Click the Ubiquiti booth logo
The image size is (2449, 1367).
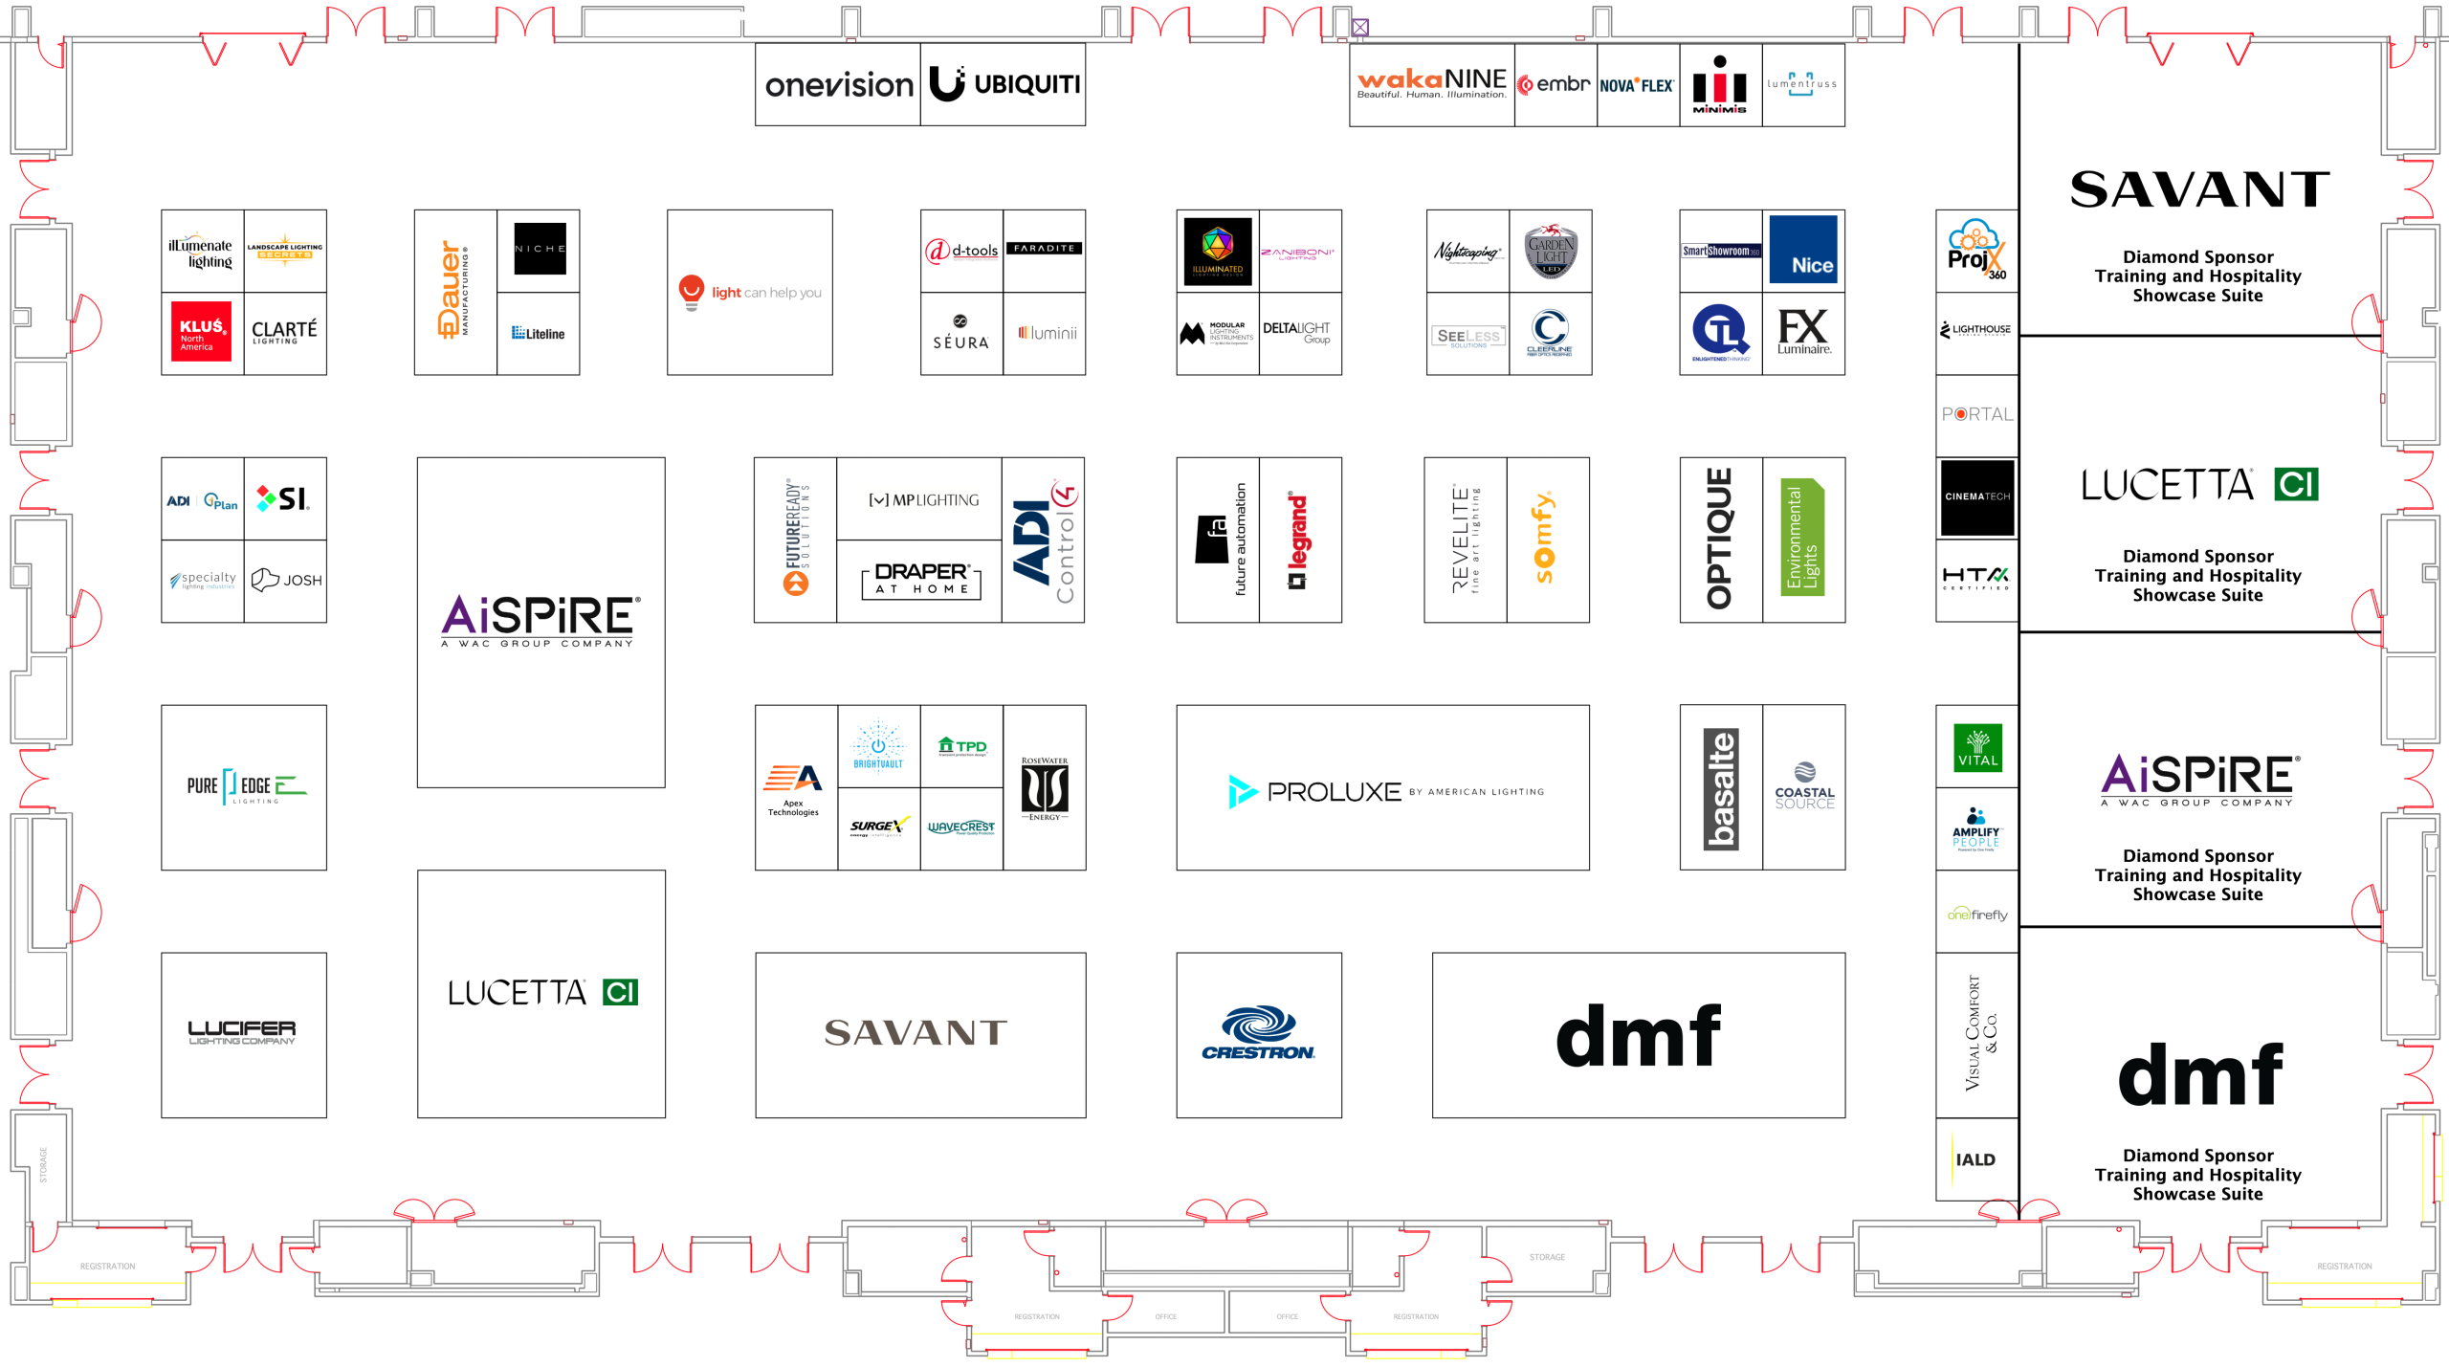pyautogui.click(x=1004, y=84)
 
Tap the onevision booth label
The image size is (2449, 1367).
pyautogui.click(x=838, y=85)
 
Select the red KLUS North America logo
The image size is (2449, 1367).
pyautogui.click(x=201, y=331)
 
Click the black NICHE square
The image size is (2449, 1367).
pyautogui.click(x=540, y=249)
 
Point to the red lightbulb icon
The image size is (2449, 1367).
pyautogui.click(x=691, y=291)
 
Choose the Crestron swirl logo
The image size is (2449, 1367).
pyautogui.click(x=1258, y=1032)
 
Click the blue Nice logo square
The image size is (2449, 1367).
pyautogui.click(x=1802, y=250)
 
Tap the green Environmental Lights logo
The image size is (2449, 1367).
pyautogui.click(x=1802, y=538)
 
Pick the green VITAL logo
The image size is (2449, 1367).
pyautogui.click(x=1977, y=747)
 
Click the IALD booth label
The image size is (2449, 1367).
pyautogui.click(x=1975, y=1159)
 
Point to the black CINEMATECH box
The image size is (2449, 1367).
pyautogui.click(x=1977, y=496)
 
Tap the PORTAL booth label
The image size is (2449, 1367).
pyautogui.click(x=1976, y=414)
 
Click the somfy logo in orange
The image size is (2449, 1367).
pyautogui.click(x=1544, y=538)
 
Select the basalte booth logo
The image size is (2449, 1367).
pyautogui.click(x=1720, y=788)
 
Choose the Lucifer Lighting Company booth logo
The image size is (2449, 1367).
pyautogui.click(x=242, y=1032)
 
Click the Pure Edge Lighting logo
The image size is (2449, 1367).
pyautogui.click(x=246, y=786)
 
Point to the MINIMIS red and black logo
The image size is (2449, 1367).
pyautogui.click(x=1719, y=85)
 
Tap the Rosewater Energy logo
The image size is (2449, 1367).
pyautogui.click(x=1044, y=788)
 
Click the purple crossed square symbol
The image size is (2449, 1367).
pyautogui.click(x=1359, y=28)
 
